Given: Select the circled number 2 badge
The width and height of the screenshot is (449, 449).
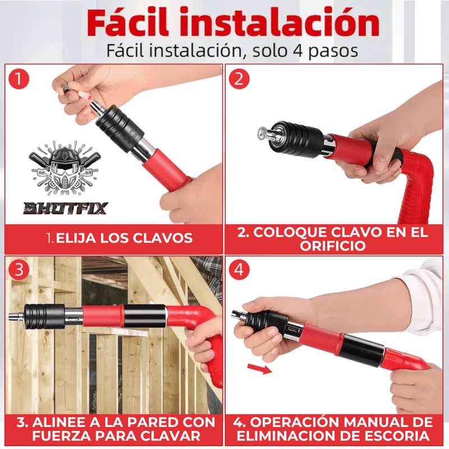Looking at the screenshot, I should [239, 79].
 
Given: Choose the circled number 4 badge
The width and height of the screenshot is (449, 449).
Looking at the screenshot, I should [239, 270].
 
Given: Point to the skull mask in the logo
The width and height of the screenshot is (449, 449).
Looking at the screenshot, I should [65, 168].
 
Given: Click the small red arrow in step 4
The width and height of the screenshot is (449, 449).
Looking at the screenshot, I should [259, 369].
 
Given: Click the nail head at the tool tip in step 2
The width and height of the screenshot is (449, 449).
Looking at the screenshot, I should [262, 133].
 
